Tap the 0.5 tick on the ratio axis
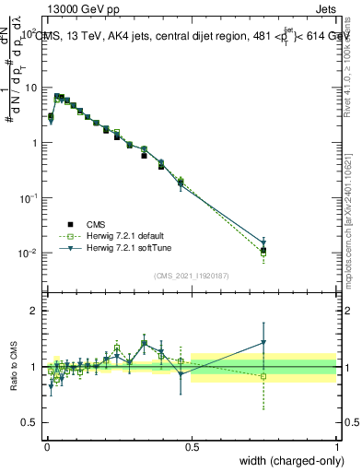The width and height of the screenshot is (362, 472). point(31,422)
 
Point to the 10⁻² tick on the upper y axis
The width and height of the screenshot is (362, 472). point(29,254)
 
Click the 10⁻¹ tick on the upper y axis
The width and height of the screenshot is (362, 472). point(29,198)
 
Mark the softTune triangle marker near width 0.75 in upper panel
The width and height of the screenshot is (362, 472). point(264,243)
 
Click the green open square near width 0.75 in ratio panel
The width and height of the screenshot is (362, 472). point(264,376)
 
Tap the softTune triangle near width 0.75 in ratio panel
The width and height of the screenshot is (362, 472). point(264,343)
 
